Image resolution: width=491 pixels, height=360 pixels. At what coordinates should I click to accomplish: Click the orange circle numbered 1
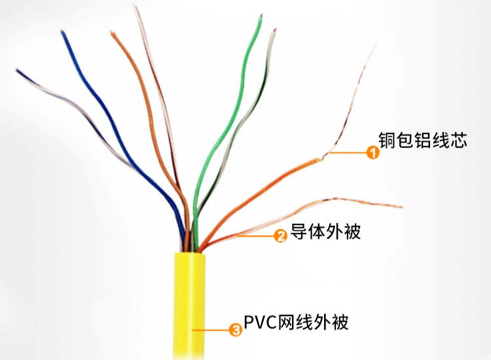click(x=373, y=153)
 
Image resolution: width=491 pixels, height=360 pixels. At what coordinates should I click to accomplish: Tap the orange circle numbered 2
click(x=281, y=236)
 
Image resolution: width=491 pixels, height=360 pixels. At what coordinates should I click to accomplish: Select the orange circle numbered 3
click(x=236, y=330)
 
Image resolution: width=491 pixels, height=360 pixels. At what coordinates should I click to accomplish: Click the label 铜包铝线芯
click(x=423, y=139)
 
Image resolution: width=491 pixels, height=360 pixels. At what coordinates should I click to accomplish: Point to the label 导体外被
click(x=325, y=231)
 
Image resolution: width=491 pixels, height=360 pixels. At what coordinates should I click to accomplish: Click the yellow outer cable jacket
click(x=189, y=305)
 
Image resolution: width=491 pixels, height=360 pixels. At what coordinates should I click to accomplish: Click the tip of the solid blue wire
click(x=62, y=31)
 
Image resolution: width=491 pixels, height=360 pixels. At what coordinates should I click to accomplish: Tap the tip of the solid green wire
click(x=261, y=16)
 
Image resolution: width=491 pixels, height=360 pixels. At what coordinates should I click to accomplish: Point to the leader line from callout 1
click(x=348, y=153)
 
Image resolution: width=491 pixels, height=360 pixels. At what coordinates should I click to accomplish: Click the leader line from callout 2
click(x=255, y=236)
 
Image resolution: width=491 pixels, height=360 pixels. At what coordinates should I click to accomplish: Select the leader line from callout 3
click(x=210, y=330)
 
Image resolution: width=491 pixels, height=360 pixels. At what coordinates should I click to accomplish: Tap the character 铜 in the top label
click(x=387, y=139)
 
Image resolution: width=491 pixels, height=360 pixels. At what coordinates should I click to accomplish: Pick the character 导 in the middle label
click(x=299, y=231)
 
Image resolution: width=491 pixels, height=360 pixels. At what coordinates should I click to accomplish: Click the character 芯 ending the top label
click(x=459, y=139)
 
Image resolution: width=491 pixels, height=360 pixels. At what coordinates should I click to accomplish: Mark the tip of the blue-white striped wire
click(x=18, y=70)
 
